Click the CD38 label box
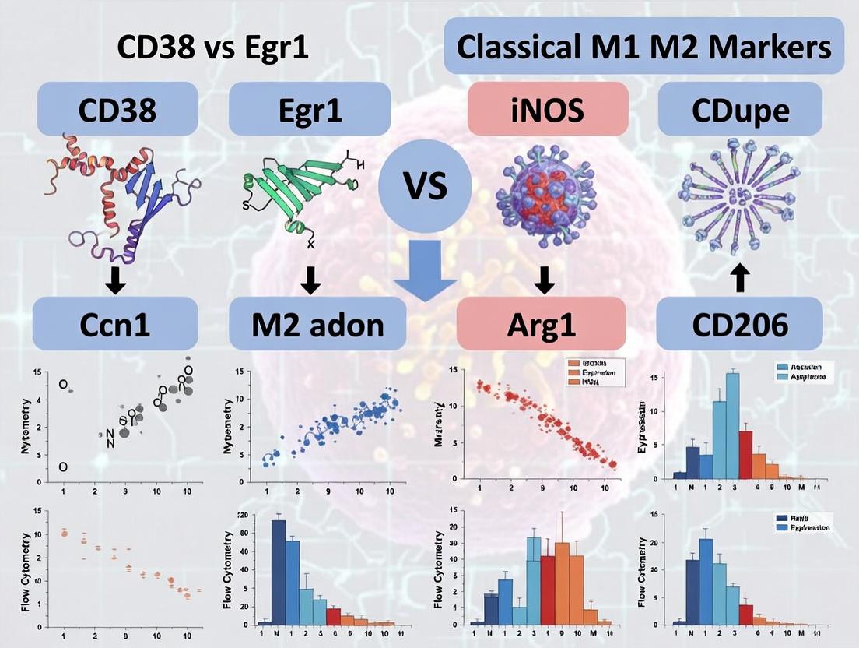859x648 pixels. point(116,110)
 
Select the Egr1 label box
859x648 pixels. point(310,110)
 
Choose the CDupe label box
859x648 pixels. point(739,110)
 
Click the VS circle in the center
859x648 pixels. point(424,187)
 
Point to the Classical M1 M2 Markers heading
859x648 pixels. point(643,46)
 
